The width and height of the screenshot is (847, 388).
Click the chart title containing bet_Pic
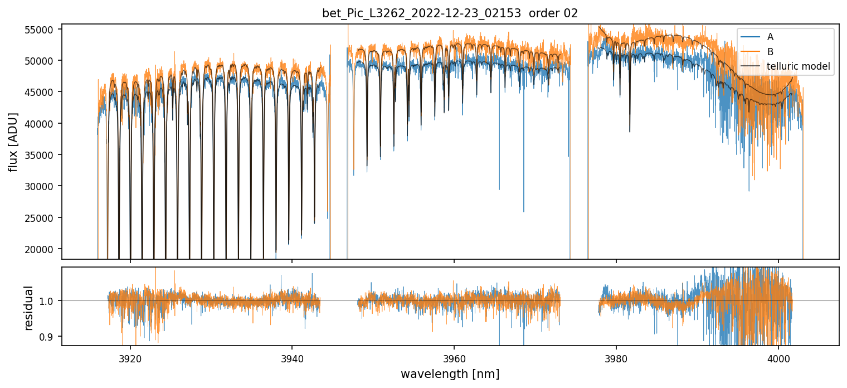[x=450, y=13]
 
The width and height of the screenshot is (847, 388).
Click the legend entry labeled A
[x=770, y=37]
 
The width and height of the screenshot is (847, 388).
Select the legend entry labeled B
[x=770, y=52]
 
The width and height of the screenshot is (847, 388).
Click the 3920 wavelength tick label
[x=130, y=357]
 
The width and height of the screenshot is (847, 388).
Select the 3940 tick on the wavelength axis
[x=292, y=357]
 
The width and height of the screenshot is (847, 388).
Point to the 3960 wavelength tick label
[x=454, y=357]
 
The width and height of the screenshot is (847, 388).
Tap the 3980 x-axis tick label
[x=616, y=357]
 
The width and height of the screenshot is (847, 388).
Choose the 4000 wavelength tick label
[x=778, y=357]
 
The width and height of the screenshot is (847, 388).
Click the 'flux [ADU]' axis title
[x=13, y=142]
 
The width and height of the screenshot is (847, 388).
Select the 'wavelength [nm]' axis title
[x=450, y=374]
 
